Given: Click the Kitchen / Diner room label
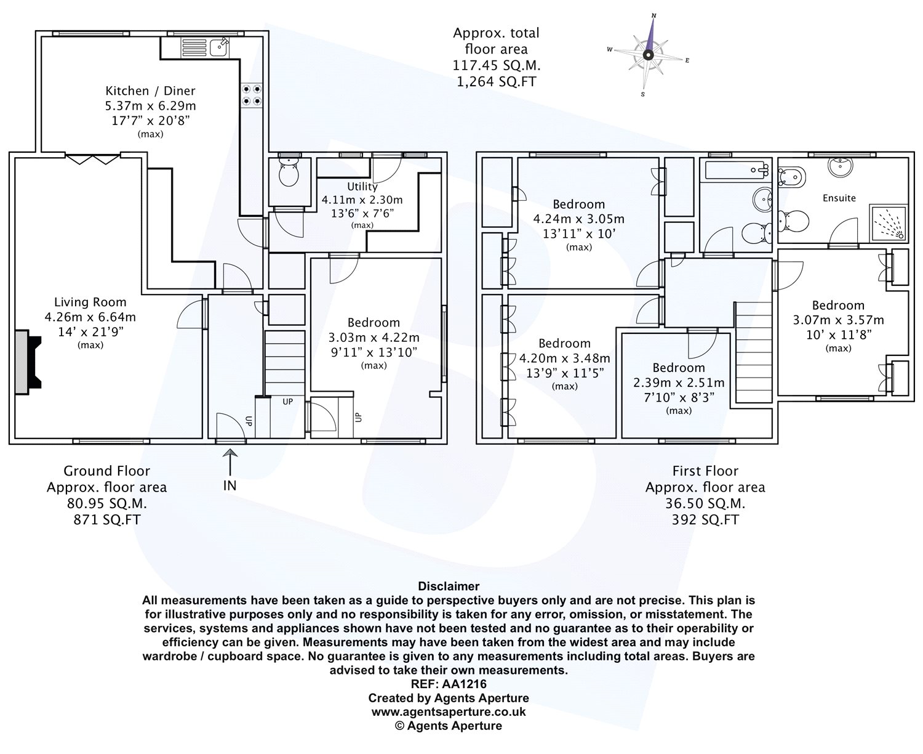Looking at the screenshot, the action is coord(150,91).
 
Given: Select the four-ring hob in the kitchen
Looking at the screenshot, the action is coord(252,95).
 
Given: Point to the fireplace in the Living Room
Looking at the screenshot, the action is coord(28,362).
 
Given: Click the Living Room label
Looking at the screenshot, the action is coord(90,302).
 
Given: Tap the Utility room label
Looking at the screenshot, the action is coord(362,186).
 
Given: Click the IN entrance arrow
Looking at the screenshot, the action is coord(230,462).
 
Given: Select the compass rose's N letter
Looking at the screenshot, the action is coord(654,15).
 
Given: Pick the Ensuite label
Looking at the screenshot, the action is coord(839,198).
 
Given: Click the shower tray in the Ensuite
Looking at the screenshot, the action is coord(887,223).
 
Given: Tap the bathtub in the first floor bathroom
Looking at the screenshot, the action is coord(737,170).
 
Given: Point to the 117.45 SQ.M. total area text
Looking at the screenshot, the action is coord(497,66).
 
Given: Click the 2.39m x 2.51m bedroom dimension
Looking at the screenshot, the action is coord(679,383).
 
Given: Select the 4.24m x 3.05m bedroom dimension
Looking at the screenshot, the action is coord(578,219).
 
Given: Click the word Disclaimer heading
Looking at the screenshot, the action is coord(449,586).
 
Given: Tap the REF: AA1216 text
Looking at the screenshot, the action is coord(449,684).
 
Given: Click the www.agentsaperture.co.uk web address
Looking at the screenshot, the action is coord(449,712).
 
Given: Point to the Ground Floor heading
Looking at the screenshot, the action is coord(107,471).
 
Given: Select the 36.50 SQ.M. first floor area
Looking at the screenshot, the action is coord(705,504).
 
